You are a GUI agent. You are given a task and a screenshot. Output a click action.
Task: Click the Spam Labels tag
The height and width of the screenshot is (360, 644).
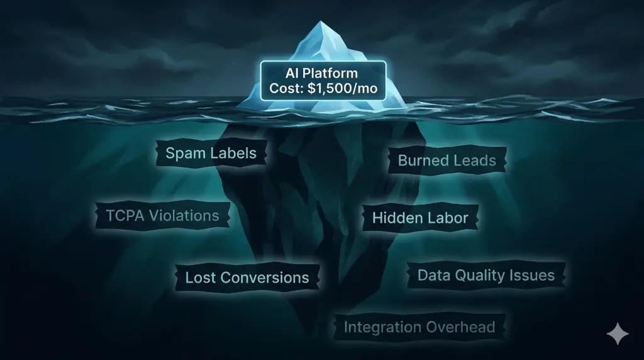click(210, 153)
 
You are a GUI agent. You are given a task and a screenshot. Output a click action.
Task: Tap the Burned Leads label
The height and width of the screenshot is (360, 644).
click(447, 160)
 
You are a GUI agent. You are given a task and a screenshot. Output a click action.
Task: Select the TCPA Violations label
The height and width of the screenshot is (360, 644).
click(162, 215)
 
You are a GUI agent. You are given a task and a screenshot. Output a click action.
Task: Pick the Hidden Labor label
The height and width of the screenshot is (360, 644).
click(420, 218)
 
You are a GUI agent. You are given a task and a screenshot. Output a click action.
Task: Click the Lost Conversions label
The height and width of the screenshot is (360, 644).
click(247, 278)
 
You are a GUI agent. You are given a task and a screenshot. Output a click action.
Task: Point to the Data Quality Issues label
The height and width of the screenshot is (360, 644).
click(486, 275)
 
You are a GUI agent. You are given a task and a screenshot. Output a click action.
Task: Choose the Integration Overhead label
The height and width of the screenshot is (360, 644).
click(419, 327)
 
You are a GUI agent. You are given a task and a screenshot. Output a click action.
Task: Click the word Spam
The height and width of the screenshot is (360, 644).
click(184, 153)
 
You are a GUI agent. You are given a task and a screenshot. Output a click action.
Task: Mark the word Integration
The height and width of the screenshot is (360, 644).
click(382, 327)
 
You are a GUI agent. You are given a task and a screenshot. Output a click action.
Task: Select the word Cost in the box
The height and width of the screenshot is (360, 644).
click(285, 88)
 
